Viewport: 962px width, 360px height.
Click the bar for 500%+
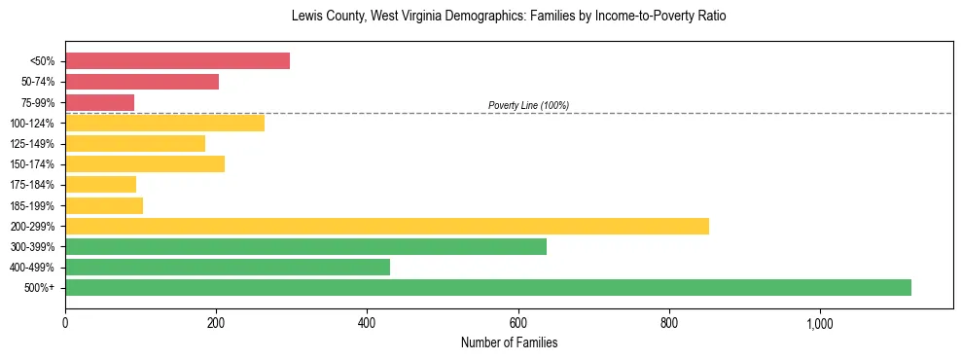click(x=487, y=287)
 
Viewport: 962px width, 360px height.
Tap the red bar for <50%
click(x=177, y=61)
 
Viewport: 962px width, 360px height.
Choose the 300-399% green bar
click(x=305, y=246)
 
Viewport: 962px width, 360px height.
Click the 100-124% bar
click(x=164, y=123)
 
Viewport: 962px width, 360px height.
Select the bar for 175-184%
click(x=100, y=184)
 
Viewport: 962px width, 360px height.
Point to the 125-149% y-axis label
click(x=33, y=144)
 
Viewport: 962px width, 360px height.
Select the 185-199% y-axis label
click(x=33, y=205)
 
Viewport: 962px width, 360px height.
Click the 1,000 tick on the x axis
click(x=819, y=323)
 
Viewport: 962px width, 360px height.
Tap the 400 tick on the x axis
click(x=367, y=323)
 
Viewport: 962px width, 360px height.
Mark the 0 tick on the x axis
click(x=65, y=323)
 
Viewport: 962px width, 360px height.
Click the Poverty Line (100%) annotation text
click(x=528, y=105)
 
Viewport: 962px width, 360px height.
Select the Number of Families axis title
click(x=509, y=342)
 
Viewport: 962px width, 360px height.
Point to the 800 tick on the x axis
click(x=668, y=323)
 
